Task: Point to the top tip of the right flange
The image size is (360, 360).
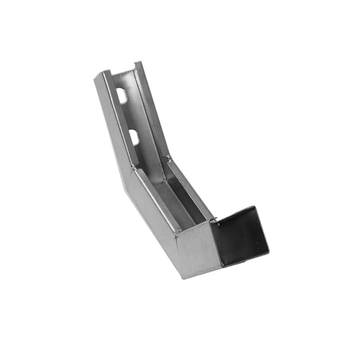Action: [138, 62]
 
